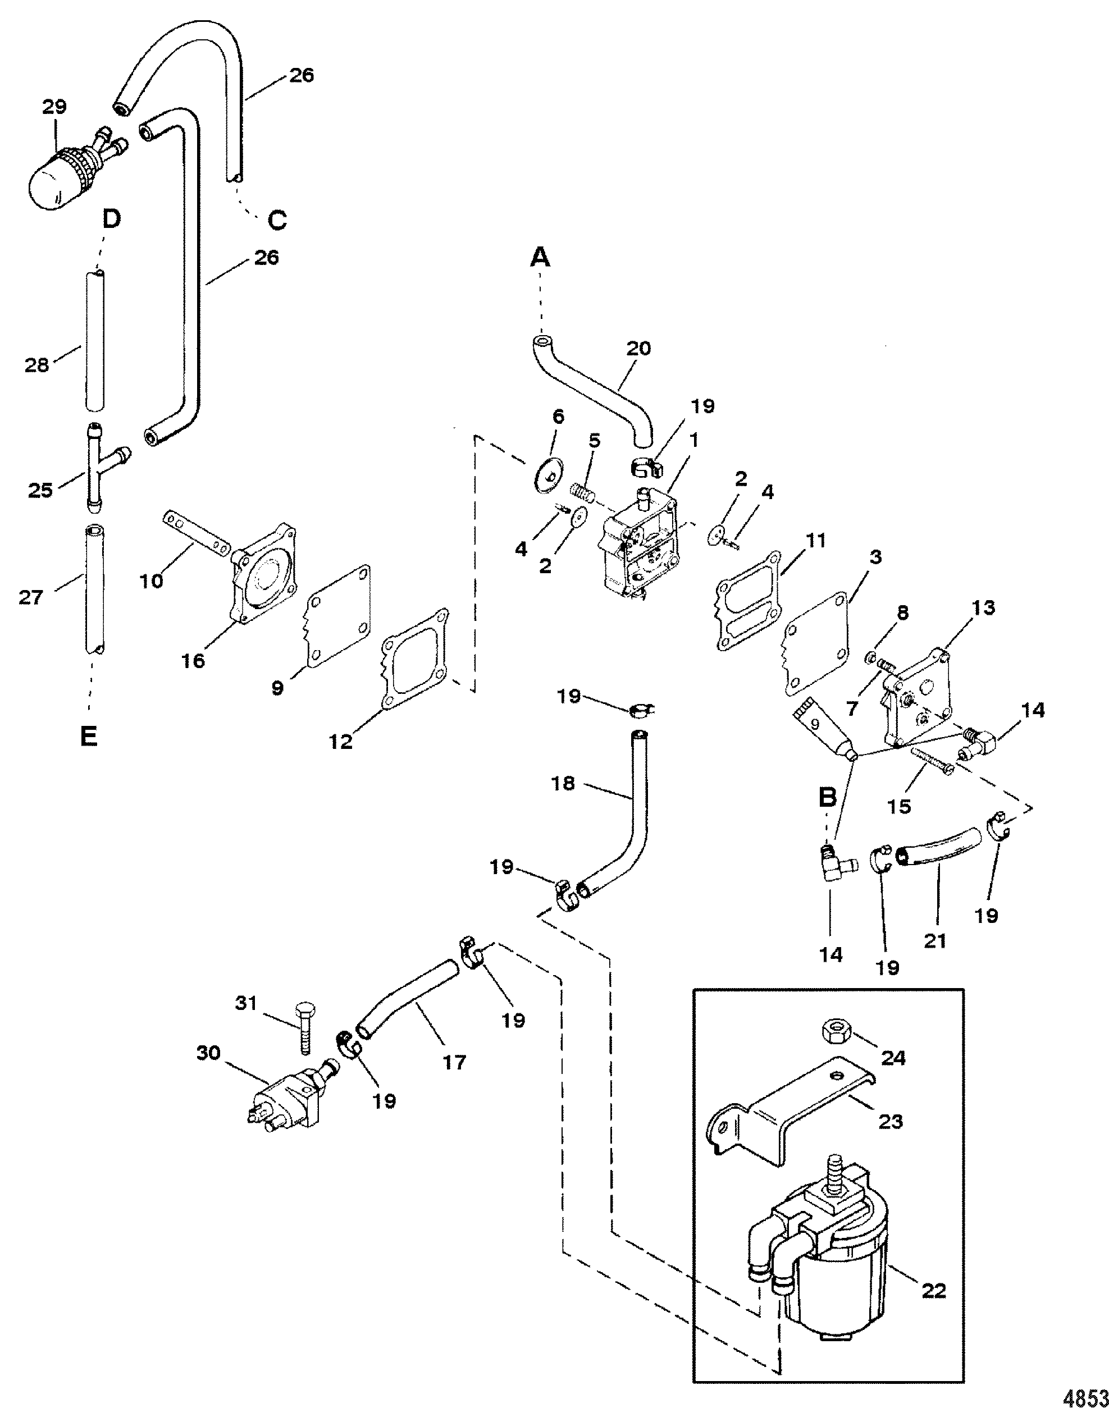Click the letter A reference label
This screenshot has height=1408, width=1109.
(540, 258)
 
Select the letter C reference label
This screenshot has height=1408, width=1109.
(277, 220)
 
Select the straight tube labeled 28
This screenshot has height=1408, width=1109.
(95, 341)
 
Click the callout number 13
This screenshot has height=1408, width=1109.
(983, 607)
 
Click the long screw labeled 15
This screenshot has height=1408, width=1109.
(931, 760)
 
